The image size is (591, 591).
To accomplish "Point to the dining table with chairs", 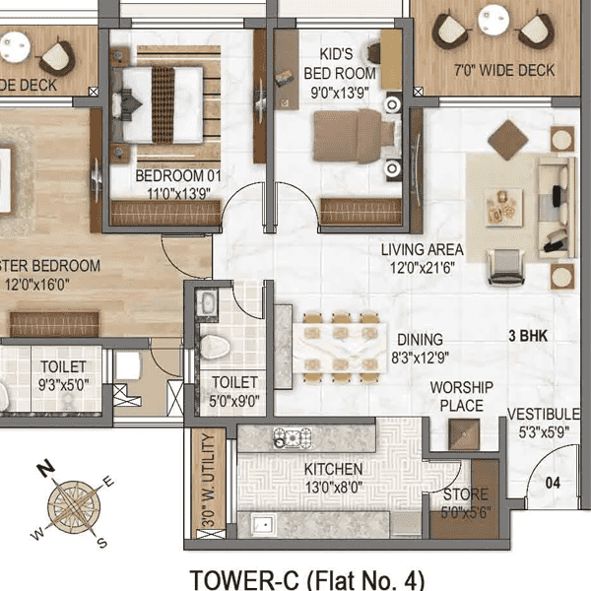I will point(340,347).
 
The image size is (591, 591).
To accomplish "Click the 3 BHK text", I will point(527,336).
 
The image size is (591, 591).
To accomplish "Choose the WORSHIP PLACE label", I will point(461,397).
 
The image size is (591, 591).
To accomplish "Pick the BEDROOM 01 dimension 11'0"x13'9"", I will point(179,193).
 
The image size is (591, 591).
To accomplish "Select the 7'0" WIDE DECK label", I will point(518,71).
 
